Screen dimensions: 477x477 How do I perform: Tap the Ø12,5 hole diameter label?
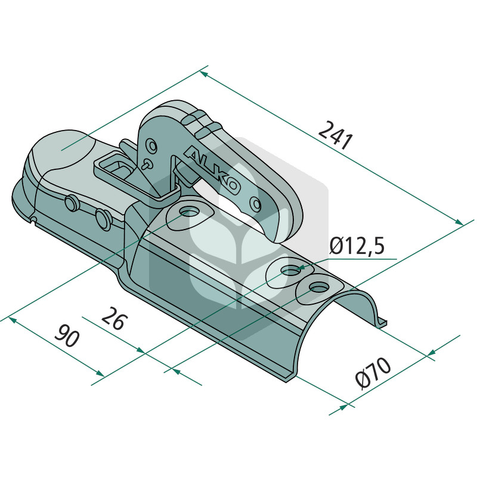tap(357, 246)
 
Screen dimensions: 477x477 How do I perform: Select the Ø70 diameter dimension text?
tap(373, 373)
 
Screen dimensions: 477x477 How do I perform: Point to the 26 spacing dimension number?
tap(113, 318)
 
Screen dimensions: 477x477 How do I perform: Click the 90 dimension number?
tap(67, 336)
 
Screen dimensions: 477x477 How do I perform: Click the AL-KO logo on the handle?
tap(212, 170)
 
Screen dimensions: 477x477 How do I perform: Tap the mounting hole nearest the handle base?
tap(190, 211)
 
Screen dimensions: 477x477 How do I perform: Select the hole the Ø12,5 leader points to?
tap(290, 271)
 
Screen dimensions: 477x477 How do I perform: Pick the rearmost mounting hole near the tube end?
tap(318, 287)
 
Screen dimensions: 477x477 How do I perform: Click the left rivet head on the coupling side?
tap(71, 203)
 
